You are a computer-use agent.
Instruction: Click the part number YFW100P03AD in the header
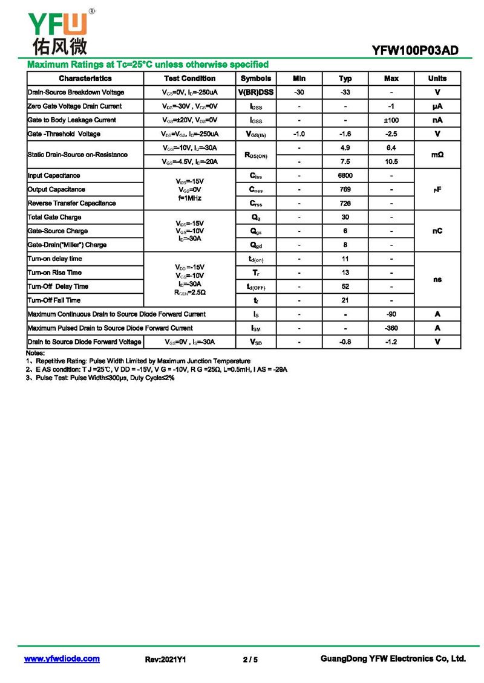(x=416, y=51)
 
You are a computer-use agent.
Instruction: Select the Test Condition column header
(x=189, y=79)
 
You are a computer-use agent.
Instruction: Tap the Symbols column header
(x=256, y=79)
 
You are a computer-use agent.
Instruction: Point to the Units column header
(x=437, y=79)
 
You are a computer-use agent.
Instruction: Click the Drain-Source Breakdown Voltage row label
(x=76, y=92)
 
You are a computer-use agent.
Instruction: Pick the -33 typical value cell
(x=345, y=92)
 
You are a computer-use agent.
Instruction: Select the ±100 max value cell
(x=391, y=120)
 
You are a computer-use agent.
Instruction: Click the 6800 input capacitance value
(x=345, y=176)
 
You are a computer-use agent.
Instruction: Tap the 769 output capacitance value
(x=345, y=190)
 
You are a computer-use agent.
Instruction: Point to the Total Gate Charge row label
(x=54, y=218)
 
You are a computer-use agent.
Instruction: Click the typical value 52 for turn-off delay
(x=345, y=287)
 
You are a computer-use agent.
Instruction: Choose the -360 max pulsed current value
(x=391, y=328)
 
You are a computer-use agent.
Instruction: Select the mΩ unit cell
(x=437, y=155)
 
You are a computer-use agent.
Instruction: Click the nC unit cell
(x=437, y=231)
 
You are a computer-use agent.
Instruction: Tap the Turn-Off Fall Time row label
(x=54, y=300)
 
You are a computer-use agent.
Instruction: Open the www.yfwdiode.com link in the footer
(x=62, y=659)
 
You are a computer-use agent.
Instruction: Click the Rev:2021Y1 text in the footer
(x=165, y=660)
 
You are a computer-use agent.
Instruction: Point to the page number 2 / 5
(x=250, y=660)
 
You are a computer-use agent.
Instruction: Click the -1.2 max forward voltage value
(x=391, y=342)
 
